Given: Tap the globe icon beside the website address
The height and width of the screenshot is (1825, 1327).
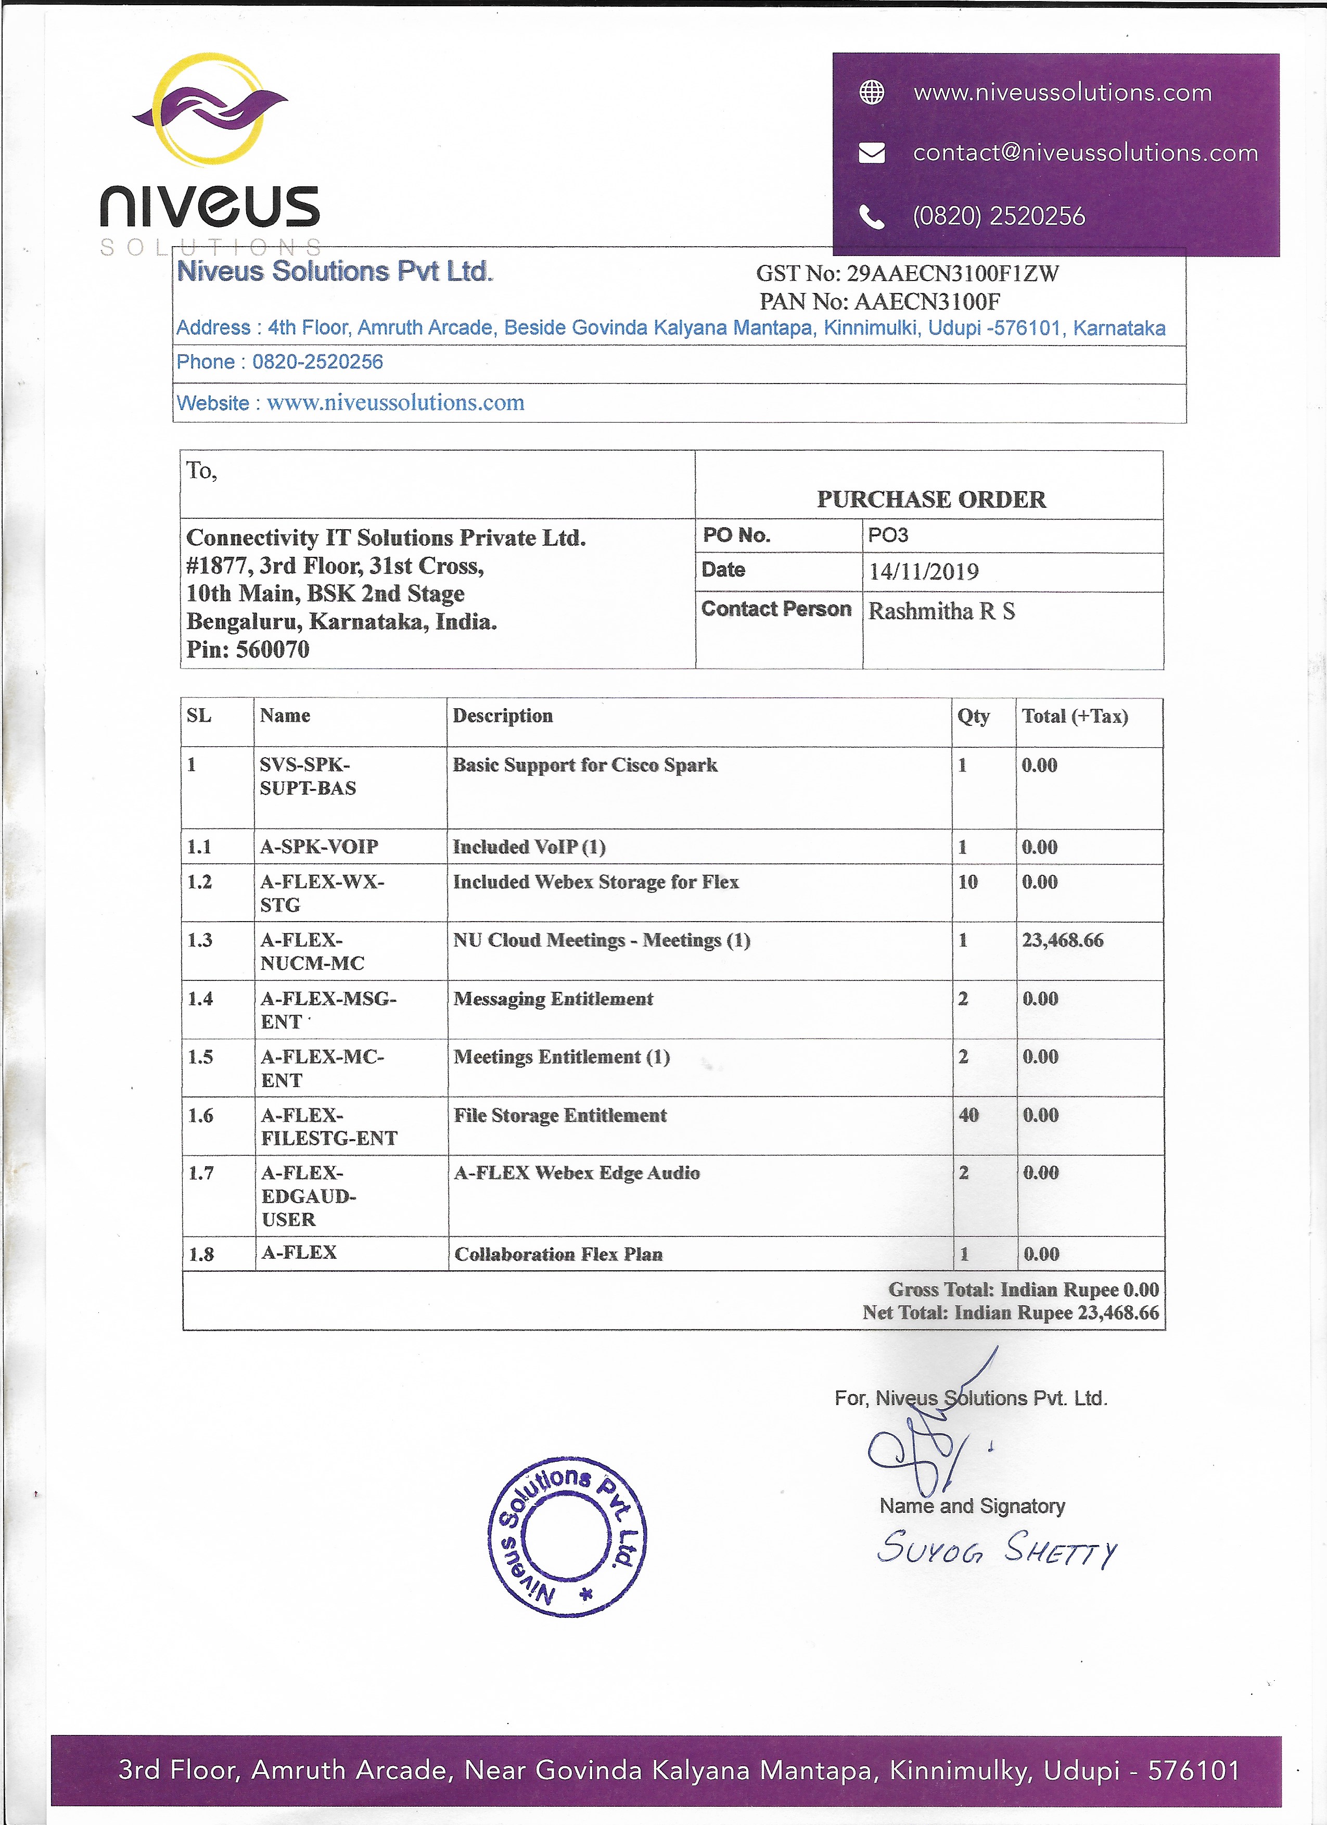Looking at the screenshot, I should (872, 93).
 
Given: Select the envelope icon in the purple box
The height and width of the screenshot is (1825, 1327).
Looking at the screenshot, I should (872, 153).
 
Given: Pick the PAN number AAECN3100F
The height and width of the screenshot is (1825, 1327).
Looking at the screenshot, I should (927, 302).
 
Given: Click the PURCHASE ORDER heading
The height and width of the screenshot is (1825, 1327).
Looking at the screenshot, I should (931, 500).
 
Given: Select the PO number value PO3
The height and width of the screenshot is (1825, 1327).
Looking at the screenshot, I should (888, 535).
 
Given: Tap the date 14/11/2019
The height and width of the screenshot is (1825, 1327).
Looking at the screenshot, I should (923, 572).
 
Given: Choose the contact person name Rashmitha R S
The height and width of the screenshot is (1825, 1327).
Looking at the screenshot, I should (941, 611).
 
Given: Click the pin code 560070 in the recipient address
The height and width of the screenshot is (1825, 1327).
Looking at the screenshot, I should (272, 649).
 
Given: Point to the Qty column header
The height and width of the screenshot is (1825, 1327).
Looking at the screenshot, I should (973, 716).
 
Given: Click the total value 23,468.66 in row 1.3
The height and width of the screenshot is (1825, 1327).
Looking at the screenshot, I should (1062, 940).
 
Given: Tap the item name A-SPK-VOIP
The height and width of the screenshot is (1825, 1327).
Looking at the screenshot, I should (318, 847).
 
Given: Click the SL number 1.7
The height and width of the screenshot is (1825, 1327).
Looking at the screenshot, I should (201, 1173).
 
